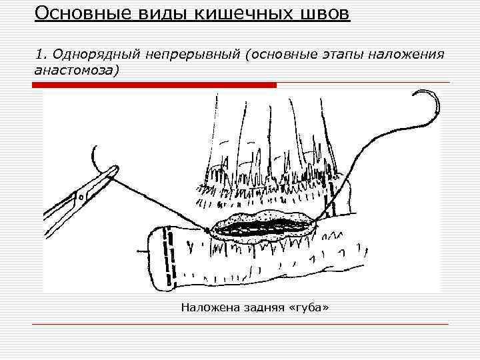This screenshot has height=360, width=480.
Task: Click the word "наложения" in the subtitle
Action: click(x=407, y=54)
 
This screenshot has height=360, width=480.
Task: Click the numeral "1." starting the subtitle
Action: click(x=39, y=54)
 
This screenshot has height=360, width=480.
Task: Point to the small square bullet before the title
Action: click(x=19, y=13)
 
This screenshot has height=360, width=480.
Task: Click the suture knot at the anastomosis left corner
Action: click(x=209, y=231)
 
